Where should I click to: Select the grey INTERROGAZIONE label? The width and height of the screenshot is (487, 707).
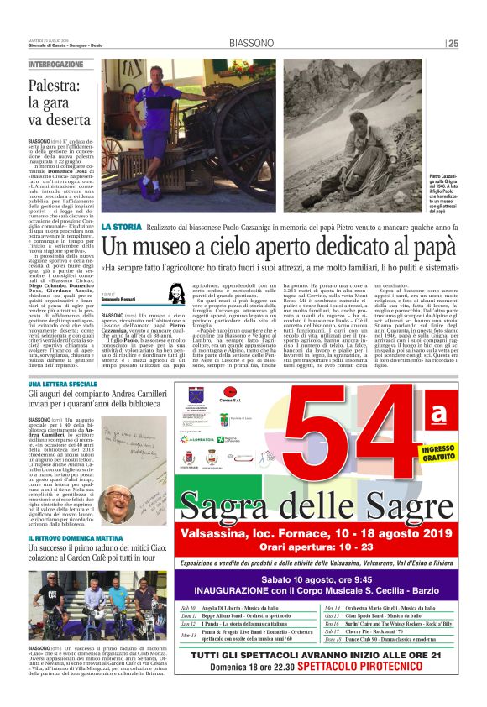55,65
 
